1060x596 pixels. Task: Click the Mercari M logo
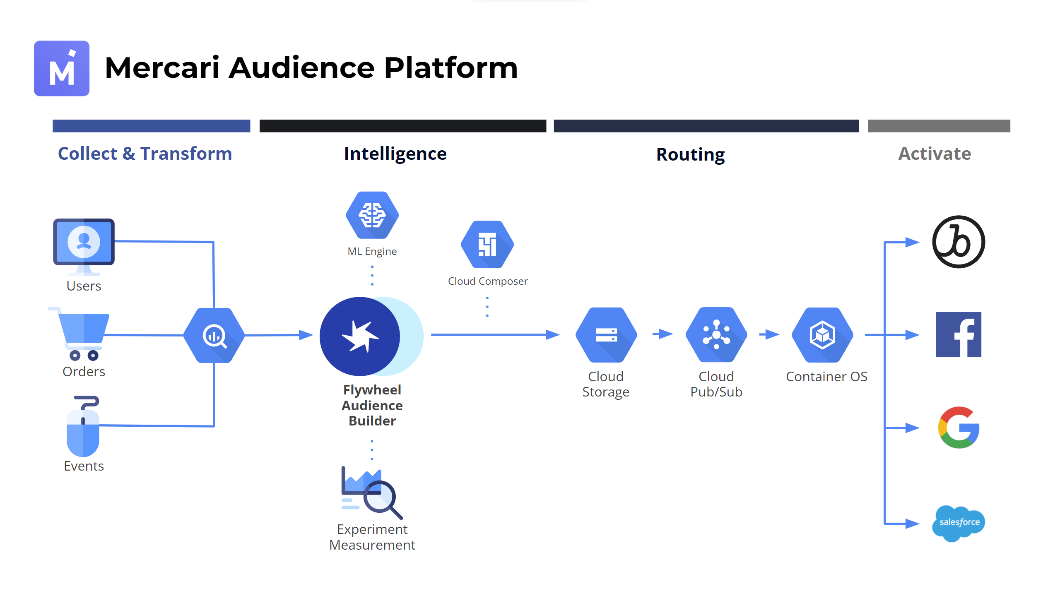coord(62,68)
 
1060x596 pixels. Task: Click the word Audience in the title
coord(301,68)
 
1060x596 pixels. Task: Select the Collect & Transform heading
coord(145,154)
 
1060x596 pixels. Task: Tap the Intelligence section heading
coord(395,154)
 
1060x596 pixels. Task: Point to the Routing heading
coord(690,154)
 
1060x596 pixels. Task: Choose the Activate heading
coord(934,154)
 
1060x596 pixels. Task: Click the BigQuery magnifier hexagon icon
coord(214,335)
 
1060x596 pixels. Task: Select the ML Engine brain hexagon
coord(372,215)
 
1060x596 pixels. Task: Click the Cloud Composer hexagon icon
coord(487,245)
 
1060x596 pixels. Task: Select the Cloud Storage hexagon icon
coord(606,335)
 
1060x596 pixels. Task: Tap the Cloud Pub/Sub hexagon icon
coord(716,335)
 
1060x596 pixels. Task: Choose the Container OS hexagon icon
coord(822,335)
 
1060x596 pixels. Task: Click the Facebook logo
coord(959,334)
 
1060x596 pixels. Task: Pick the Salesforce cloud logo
coord(959,523)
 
